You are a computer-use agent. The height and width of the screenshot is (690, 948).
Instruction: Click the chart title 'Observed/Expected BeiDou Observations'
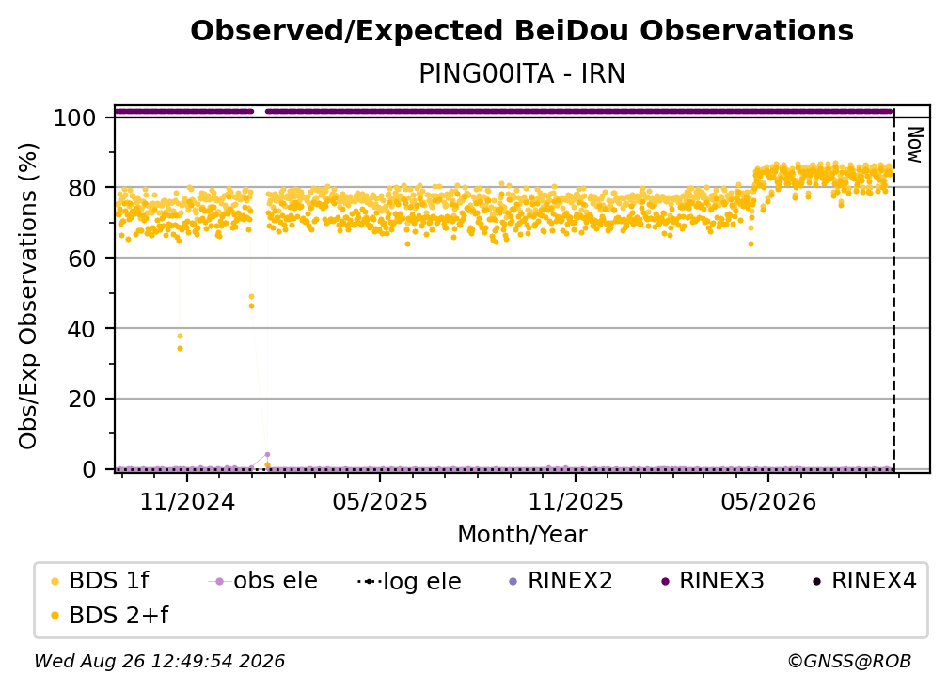(522, 31)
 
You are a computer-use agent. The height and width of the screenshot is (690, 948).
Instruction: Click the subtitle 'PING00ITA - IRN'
(522, 73)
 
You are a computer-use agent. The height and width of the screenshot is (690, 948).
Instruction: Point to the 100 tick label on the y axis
(75, 118)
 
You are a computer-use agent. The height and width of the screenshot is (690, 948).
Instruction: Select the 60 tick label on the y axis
(82, 258)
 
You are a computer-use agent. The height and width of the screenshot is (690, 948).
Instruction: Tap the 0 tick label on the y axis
(89, 469)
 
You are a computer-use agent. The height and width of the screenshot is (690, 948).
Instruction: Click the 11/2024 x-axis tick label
(187, 501)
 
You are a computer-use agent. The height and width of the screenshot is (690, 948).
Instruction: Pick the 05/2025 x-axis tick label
(380, 501)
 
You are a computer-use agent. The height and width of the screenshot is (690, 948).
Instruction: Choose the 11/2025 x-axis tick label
(576, 501)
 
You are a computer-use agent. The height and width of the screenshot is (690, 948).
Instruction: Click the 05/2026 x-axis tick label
(768, 501)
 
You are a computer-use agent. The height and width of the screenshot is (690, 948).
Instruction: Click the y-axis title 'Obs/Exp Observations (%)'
(28, 296)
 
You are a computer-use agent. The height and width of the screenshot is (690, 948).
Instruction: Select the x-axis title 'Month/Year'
(522, 534)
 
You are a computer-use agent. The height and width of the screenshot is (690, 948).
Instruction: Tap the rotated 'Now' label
(916, 145)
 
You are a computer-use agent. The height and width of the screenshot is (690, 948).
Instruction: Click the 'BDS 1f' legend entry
(100, 581)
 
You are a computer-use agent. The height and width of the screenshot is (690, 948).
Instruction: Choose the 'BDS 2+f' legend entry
(109, 615)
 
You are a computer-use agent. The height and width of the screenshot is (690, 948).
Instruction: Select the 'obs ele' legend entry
(263, 581)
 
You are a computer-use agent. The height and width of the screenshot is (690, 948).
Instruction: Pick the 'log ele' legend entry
(409, 581)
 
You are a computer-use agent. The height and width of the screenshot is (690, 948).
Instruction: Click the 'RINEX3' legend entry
(713, 581)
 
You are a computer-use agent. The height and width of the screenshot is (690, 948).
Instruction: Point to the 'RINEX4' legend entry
(864, 581)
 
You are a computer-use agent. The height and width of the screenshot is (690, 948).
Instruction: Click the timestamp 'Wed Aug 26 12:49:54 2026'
(160, 661)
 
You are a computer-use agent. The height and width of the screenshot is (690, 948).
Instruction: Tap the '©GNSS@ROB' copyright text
(849, 661)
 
